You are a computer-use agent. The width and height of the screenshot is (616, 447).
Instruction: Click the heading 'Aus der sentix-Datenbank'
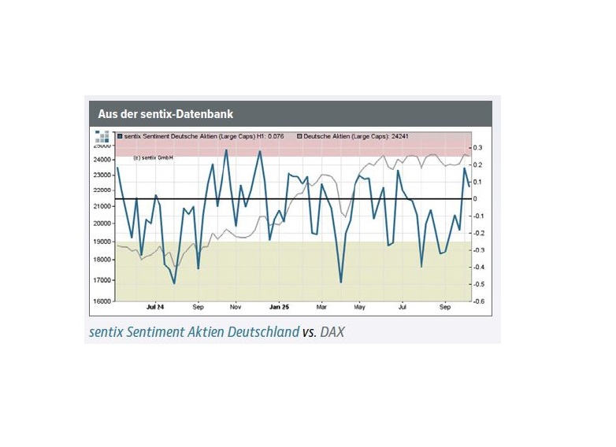(165, 114)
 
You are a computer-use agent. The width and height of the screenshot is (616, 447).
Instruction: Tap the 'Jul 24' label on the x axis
(155, 308)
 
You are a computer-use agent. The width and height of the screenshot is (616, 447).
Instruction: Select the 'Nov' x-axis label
(236, 308)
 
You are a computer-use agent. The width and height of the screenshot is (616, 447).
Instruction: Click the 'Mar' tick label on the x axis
(321, 308)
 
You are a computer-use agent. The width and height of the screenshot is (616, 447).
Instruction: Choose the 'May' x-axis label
(360, 308)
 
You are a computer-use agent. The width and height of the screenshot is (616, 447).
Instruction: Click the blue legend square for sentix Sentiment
(120, 136)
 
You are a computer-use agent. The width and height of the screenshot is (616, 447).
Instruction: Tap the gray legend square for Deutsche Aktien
(299, 136)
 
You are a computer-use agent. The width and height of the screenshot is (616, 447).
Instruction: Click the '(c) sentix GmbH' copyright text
(153, 157)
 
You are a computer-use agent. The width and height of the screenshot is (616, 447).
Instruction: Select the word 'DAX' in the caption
(332, 332)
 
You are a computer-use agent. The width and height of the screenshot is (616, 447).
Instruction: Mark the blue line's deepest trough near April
(341, 282)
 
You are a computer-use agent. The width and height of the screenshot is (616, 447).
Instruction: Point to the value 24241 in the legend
(400, 136)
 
